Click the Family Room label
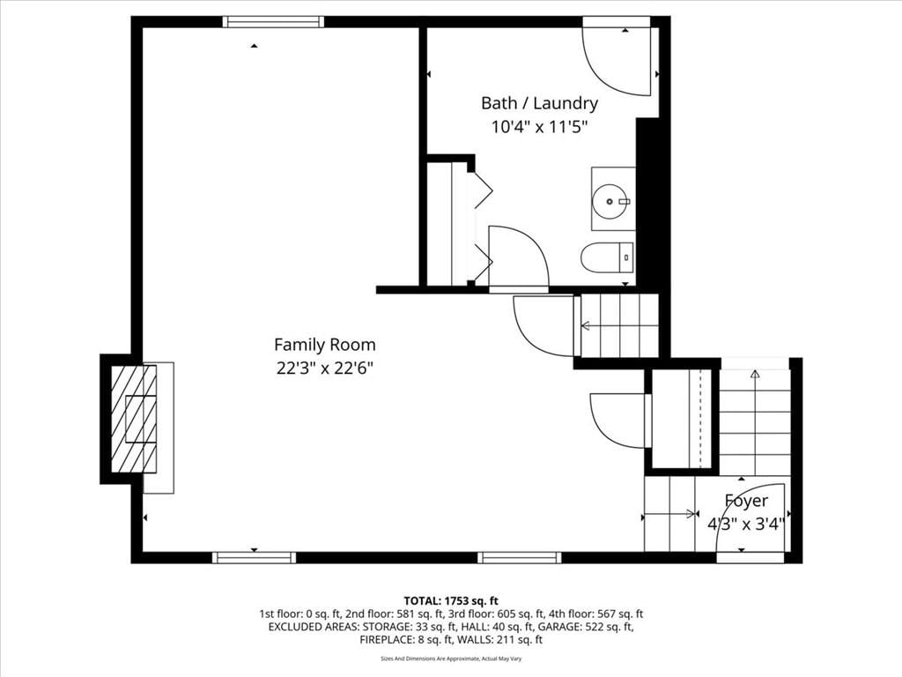[324, 345]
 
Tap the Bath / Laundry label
[540, 103]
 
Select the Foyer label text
[746, 501]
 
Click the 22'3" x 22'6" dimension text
[325, 368]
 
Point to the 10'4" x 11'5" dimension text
[540, 127]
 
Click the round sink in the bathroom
[610, 202]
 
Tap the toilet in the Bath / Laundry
[607, 257]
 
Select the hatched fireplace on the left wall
[134, 419]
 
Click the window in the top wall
[273, 22]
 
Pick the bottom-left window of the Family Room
[254, 557]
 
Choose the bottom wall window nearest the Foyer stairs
[520, 557]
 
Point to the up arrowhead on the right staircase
[755, 374]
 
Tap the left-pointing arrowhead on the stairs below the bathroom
[586, 326]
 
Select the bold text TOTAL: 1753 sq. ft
[450, 601]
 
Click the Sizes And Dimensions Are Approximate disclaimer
[451, 658]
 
